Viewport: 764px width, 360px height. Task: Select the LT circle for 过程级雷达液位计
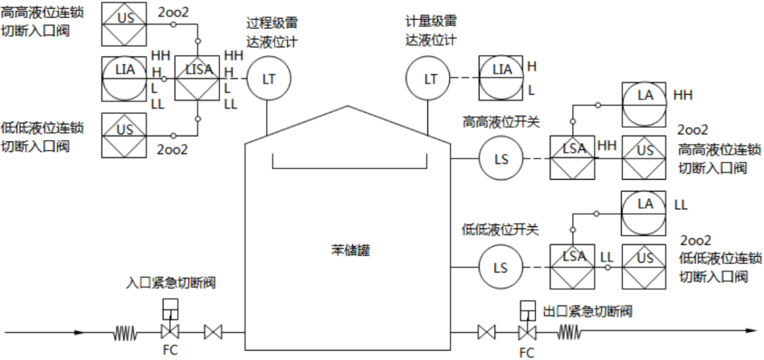268,79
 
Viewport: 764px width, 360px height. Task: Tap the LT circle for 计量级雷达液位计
430,79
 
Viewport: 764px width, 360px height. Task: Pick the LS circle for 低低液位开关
501,268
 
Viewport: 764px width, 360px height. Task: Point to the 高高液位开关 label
501,122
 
